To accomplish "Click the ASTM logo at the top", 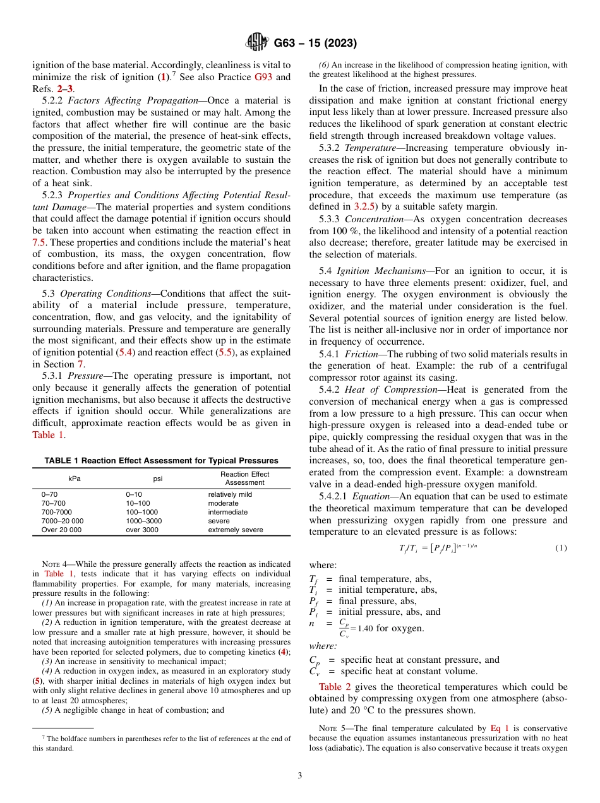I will click(x=256, y=43).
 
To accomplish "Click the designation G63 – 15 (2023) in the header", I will click(x=315, y=44).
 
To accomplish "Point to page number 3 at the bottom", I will click(x=300, y=776).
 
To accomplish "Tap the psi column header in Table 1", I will click(x=158, y=479).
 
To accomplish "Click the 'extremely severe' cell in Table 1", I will click(x=236, y=530).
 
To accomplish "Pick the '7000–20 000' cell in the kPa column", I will click(x=62, y=521).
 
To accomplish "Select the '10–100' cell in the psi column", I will click(x=138, y=504).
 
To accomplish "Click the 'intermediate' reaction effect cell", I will click(x=228, y=513).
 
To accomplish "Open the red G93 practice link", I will click(x=263, y=78).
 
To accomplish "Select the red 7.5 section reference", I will click(x=39, y=242).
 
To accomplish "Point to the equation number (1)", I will click(x=561, y=547).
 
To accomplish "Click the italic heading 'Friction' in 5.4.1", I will click(x=361, y=354).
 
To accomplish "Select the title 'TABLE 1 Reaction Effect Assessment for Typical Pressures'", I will click(x=161, y=461).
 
